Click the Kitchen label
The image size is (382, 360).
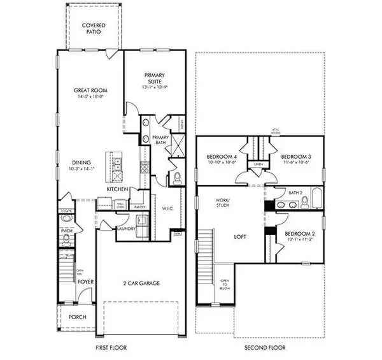coord(118,190)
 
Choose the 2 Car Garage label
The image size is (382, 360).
coord(141,283)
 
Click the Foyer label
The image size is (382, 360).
coord(86,280)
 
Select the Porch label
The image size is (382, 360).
coord(78,317)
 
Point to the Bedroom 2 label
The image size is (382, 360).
coord(299,234)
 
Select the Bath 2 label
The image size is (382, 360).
coord(294,192)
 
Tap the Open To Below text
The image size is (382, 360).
coord(225,284)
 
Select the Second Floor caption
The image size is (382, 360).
coord(265,349)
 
